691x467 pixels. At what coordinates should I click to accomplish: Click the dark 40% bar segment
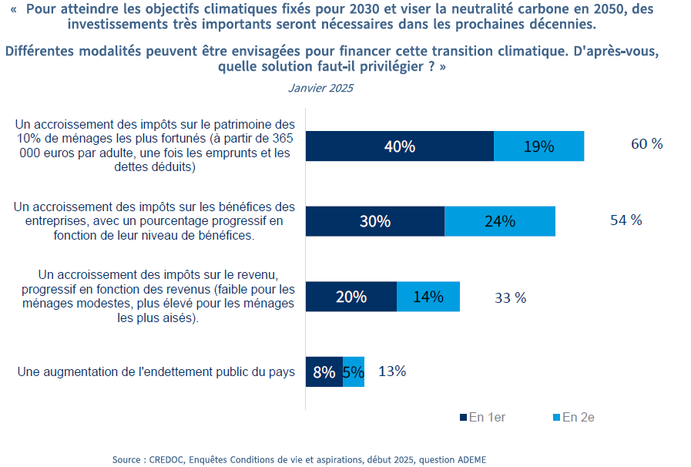point(400,146)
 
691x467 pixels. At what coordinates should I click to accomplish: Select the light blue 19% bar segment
point(538,146)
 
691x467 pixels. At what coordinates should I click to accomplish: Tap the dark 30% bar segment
point(375,221)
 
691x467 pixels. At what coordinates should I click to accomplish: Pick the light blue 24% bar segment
point(500,221)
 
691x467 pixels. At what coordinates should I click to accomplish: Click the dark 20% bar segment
point(351,297)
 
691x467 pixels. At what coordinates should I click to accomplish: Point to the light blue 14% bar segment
point(428,297)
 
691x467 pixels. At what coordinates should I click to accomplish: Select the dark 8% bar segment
point(324,372)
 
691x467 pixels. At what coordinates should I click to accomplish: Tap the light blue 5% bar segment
point(354,372)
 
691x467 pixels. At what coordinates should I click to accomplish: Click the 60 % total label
point(646,144)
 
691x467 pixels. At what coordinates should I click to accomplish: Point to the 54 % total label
point(626,220)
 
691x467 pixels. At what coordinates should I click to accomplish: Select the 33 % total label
point(510,297)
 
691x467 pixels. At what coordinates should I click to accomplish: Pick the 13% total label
point(392,371)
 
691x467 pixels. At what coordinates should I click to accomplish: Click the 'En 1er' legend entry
point(482,417)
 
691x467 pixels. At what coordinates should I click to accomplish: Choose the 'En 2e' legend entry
point(574,417)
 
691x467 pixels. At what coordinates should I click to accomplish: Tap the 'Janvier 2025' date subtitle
point(320,88)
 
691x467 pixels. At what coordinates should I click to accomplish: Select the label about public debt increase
point(156,372)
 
